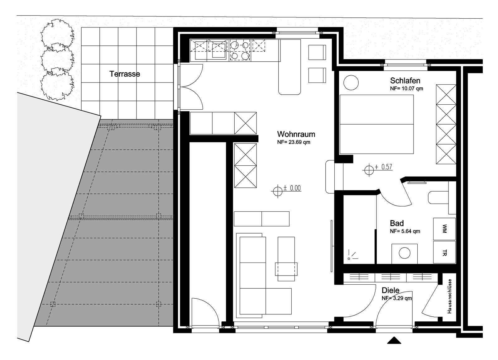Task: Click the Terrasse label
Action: click(125, 74)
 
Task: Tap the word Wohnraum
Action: click(296, 134)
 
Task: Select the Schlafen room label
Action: click(405, 80)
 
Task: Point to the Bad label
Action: click(397, 223)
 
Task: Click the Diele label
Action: click(390, 290)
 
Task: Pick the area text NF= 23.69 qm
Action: click(294, 142)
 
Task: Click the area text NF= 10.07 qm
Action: click(406, 88)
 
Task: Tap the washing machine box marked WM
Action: click(444, 229)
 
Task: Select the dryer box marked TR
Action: click(444, 252)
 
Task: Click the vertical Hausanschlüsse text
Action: click(449, 296)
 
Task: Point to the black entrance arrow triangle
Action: click(394, 340)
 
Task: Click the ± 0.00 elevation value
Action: click(292, 188)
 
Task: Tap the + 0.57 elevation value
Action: click(384, 167)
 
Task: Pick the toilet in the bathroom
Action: click(438, 197)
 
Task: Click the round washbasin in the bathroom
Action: click(405, 253)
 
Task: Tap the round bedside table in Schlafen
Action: click(351, 83)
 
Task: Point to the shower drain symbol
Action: click(349, 258)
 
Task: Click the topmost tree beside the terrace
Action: click(57, 33)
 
